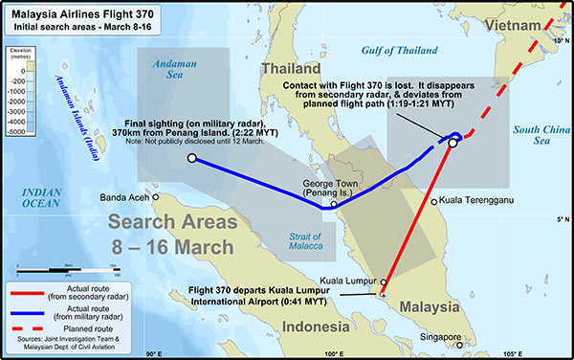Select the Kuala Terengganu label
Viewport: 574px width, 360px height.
click(x=478, y=201)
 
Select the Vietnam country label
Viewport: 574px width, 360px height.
click(x=518, y=24)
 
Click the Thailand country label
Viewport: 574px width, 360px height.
click(x=291, y=70)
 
